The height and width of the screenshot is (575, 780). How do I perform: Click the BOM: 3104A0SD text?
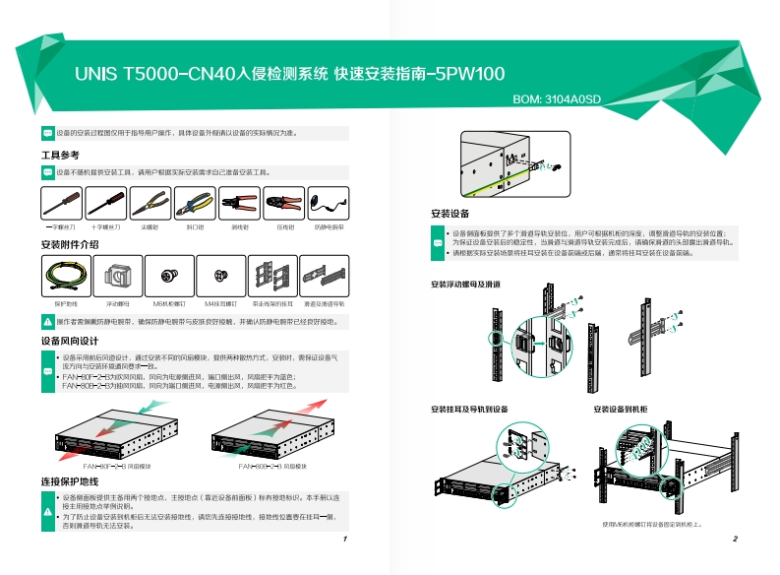click(x=557, y=99)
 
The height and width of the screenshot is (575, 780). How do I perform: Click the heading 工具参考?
click(x=60, y=155)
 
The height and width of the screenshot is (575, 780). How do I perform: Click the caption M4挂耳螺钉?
click(x=221, y=305)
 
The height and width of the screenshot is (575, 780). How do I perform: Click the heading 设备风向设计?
click(x=70, y=340)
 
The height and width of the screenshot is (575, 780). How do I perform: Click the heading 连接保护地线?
click(x=70, y=481)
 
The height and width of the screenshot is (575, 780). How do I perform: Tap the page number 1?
click(x=344, y=540)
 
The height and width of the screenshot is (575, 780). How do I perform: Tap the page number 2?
click(x=735, y=540)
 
